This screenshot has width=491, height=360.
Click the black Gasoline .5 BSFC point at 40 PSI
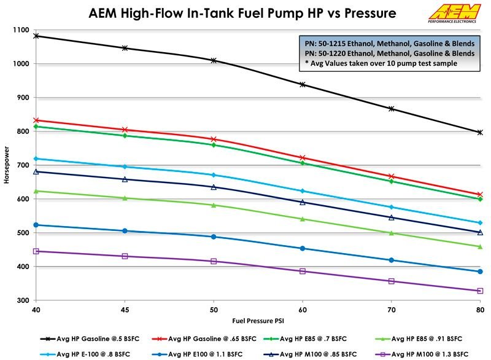click(36, 36)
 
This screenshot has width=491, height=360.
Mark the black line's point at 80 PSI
click(480, 132)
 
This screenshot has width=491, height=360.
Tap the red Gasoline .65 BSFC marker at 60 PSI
click(303, 158)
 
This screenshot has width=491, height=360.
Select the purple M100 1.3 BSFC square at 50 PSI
click(214, 261)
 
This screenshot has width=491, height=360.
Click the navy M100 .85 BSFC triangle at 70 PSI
click(391, 217)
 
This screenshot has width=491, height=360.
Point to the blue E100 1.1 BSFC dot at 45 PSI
click(125, 231)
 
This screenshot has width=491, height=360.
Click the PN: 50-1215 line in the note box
click(388, 44)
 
